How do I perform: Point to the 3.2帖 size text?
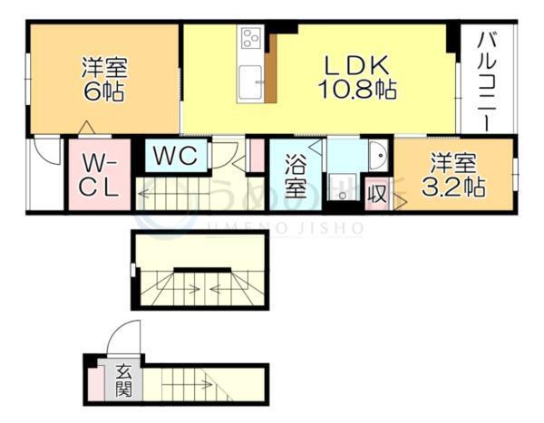point(454,187)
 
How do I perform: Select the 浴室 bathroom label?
point(295,178)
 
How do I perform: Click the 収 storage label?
point(376,193)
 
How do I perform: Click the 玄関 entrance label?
point(122,382)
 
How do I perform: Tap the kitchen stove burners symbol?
point(251,39)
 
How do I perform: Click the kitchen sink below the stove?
point(249,82)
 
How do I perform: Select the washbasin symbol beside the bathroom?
point(378,157)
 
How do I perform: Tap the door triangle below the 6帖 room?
point(86,127)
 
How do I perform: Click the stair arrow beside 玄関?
point(199,384)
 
